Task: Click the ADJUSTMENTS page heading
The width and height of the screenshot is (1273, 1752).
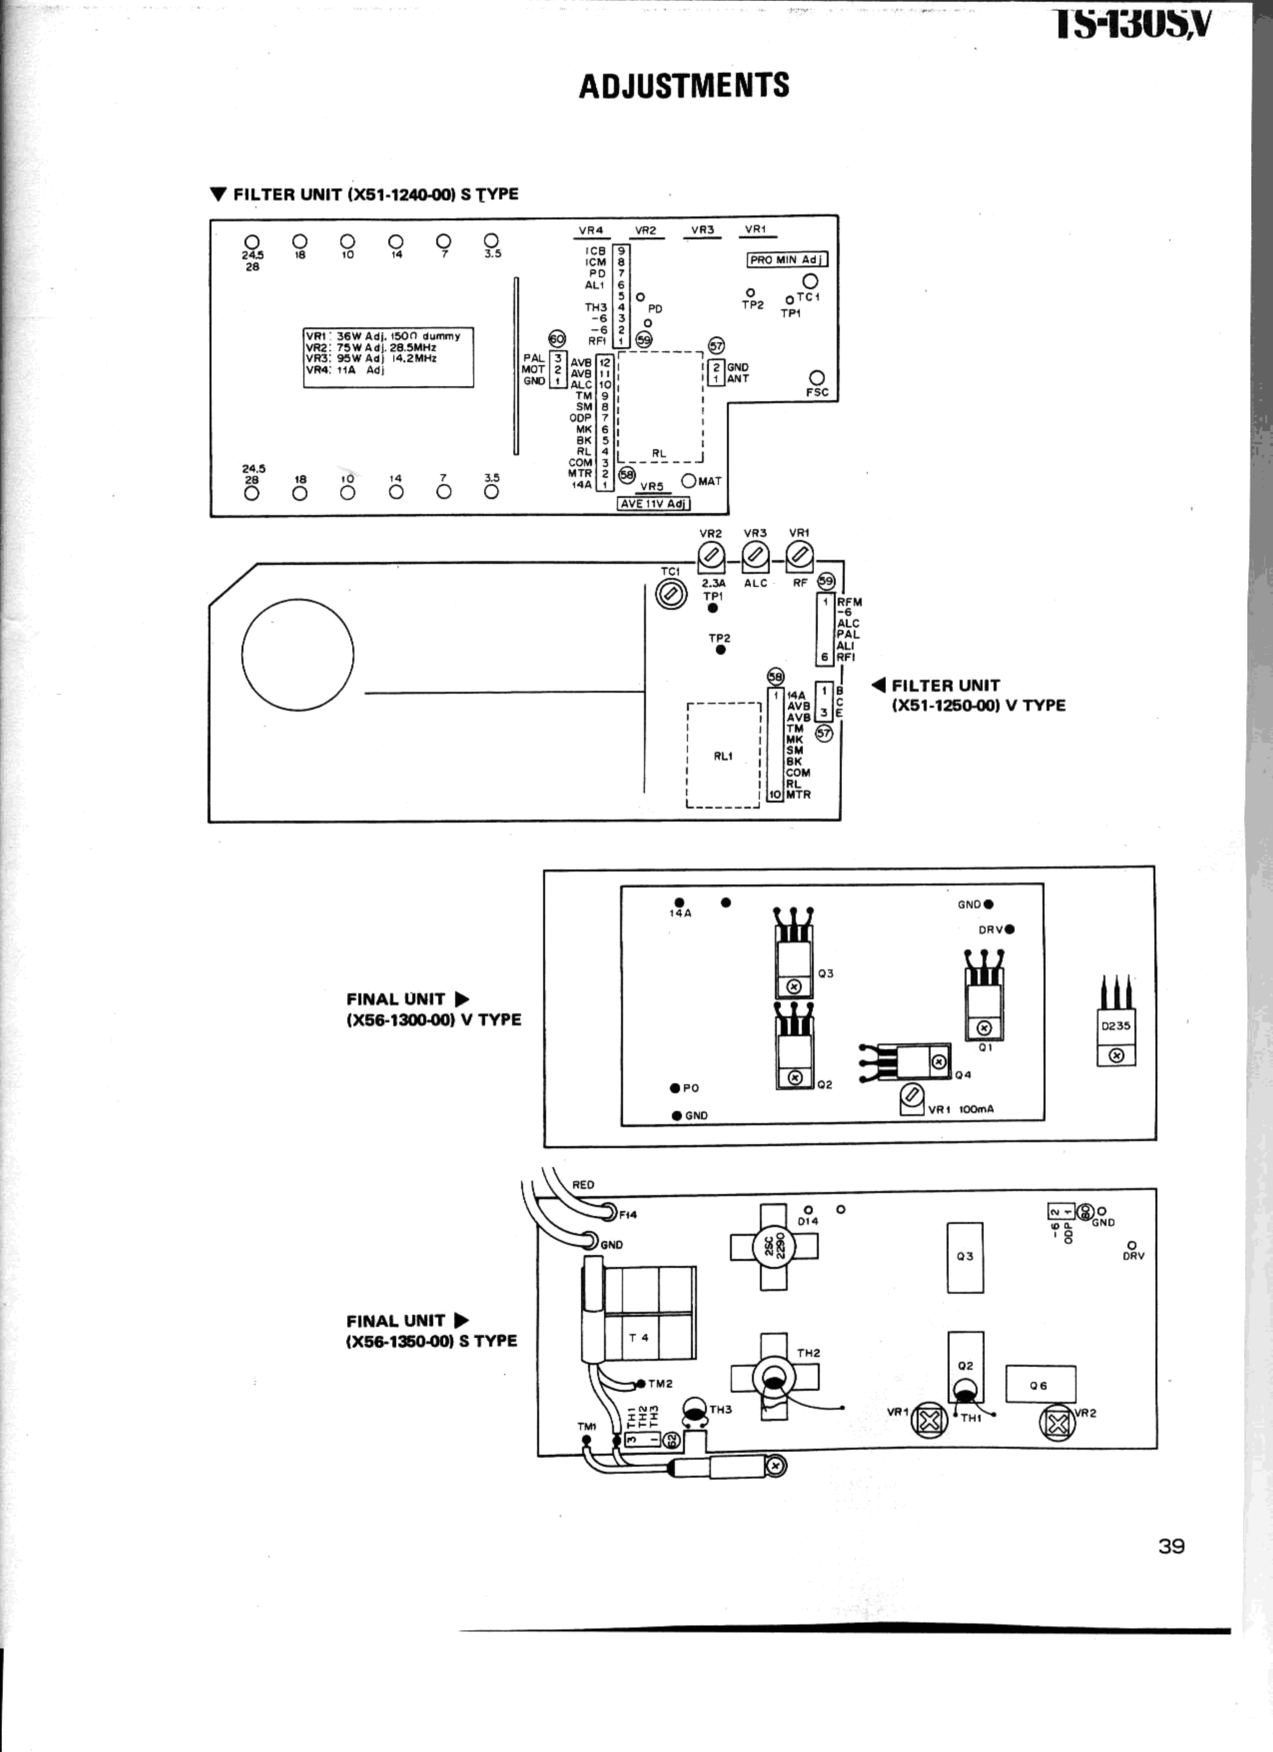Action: [684, 85]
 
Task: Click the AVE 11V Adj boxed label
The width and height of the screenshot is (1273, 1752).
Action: [653, 503]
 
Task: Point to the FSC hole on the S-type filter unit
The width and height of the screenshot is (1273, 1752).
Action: [817, 378]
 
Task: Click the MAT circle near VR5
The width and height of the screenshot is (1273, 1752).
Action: [689, 481]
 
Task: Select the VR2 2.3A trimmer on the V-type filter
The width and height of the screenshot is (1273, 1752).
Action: [711, 554]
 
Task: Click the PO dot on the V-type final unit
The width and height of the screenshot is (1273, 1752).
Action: [675, 1088]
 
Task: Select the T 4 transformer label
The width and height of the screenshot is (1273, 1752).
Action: [639, 1337]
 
